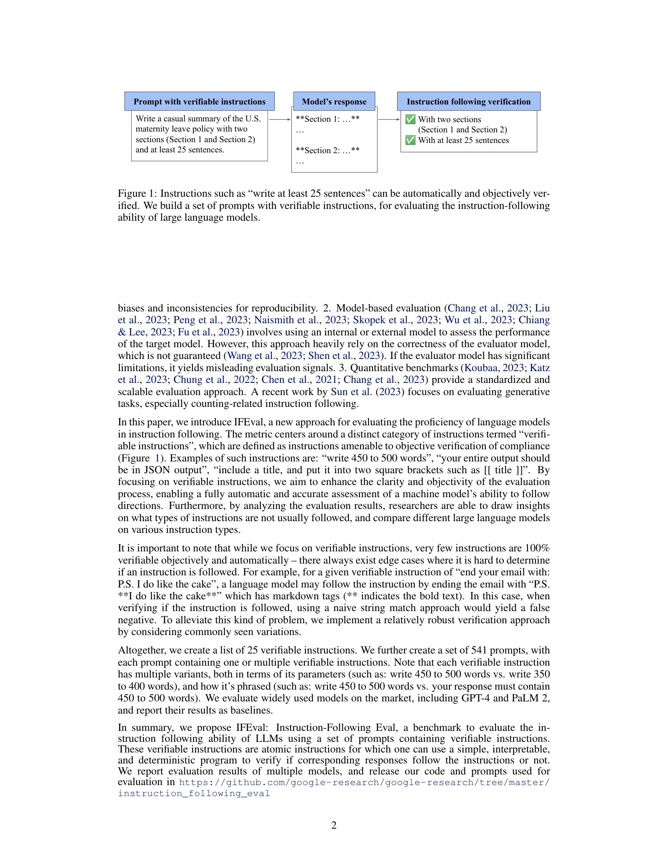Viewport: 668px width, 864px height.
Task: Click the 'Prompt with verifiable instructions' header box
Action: tap(200, 102)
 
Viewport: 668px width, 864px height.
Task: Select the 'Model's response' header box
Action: tap(334, 102)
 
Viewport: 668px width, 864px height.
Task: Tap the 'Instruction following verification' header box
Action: tap(468, 102)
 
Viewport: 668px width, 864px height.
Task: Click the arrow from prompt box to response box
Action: tap(279, 119)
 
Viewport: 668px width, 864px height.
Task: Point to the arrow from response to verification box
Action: tap(389, 119)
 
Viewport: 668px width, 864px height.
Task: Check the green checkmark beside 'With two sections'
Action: tap(411, 119)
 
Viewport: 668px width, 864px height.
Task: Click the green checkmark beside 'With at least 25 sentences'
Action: tap(411, 141)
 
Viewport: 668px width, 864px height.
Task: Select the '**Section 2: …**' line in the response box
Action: tap(328, 150)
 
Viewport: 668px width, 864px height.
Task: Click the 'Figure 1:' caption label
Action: tap(137, 194)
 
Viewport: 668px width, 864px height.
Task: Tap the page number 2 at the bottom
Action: tap(334, 825)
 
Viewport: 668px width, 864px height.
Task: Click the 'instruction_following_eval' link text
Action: tap(194, 794)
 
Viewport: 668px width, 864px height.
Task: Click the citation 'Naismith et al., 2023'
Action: tap(300, 320)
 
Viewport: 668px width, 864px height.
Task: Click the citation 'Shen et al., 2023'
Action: tap(344, 356)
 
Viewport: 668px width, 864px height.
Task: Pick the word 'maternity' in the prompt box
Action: tap(152, 129)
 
